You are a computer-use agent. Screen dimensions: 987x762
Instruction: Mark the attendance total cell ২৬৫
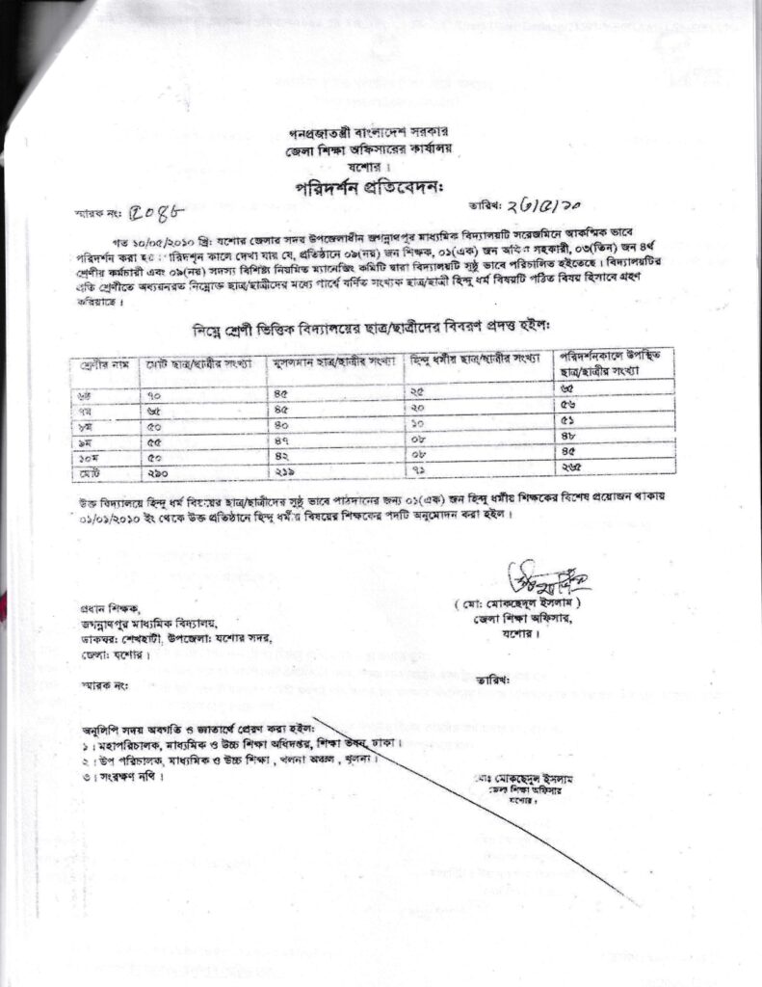pos(571,470)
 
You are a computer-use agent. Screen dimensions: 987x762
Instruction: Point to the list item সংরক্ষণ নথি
pos(119,776)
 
